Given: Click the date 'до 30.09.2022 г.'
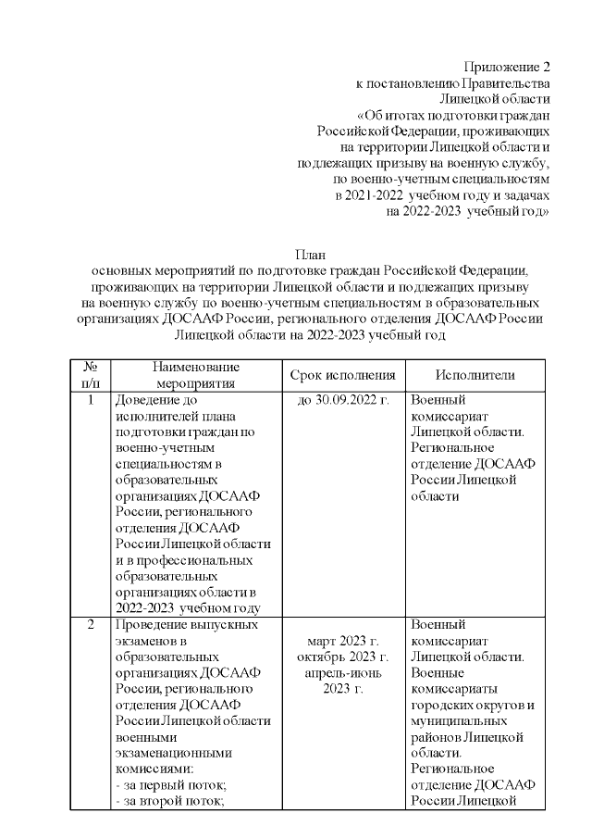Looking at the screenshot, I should (x=342, y=401).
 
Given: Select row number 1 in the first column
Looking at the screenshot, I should (x=91, y=401).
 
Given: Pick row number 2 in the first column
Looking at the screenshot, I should (x=91, y=624).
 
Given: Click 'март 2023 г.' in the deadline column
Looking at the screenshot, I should (x=342, y=641).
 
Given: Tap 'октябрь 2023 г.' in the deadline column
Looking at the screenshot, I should (x=342, y=657).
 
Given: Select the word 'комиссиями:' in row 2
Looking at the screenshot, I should (x=154, y=769).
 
